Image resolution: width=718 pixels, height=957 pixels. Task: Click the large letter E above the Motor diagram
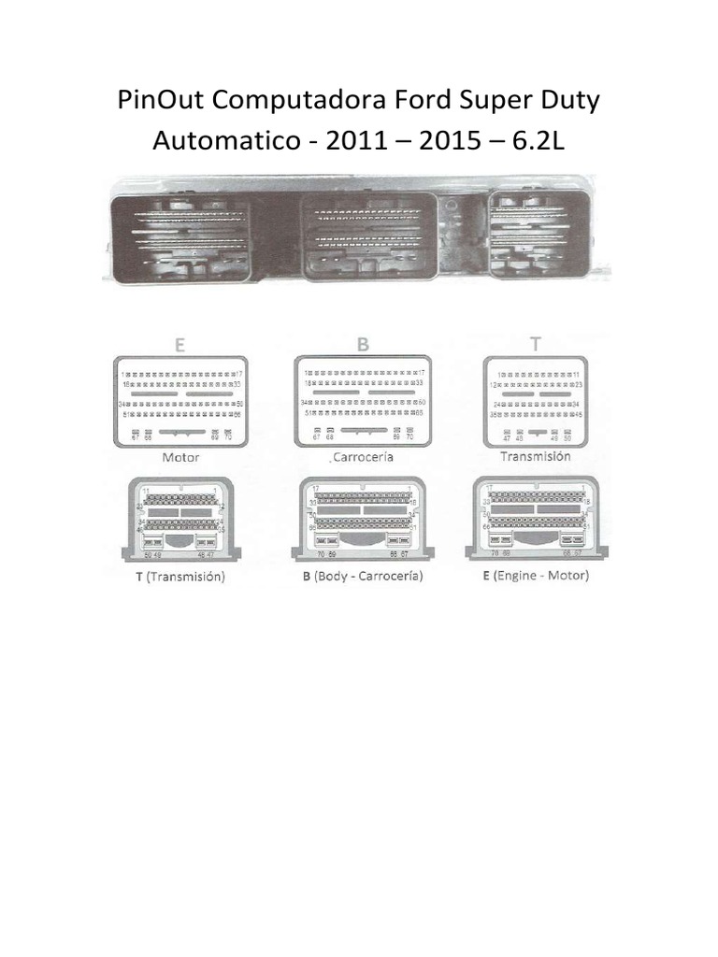(x=179, y=344)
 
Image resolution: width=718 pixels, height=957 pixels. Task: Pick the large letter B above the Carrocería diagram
(x=362, y=344)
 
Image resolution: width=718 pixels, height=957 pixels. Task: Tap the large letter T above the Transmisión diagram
(x=536, y=344)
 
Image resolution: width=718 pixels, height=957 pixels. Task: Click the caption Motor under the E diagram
(x=180, y=458)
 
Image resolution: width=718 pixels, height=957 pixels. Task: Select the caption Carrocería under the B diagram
(x=364, y=458)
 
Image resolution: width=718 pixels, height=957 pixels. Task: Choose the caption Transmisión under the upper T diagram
(x=535, y=457)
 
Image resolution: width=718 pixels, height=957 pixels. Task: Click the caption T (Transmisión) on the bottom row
(x=177, y=577)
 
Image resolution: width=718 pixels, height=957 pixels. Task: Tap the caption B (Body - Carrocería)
(x=362, y=577)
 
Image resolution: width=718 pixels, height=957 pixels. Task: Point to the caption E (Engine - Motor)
(x=536, y=576)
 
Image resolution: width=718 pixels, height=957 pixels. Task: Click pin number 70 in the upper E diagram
(x=228, y=437)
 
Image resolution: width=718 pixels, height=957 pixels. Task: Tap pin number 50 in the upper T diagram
(x=567, y=437)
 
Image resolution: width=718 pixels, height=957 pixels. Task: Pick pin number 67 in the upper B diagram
(x=316, y=437)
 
